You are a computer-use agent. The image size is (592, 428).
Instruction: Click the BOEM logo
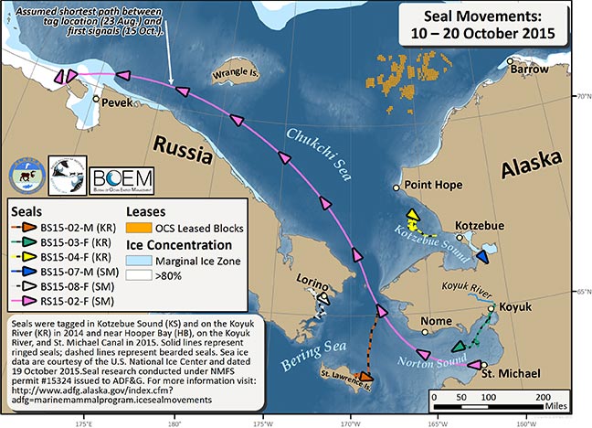122,176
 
